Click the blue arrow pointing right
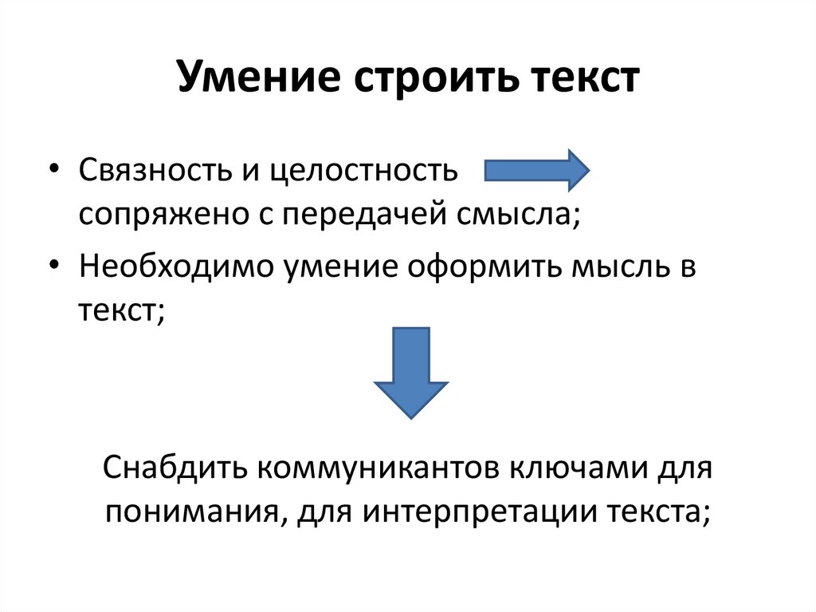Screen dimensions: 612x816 coord(536,170)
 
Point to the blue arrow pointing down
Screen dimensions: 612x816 coord(411,371)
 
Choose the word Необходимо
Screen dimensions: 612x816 coord(173,267)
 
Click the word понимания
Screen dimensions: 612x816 coord(189,511)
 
